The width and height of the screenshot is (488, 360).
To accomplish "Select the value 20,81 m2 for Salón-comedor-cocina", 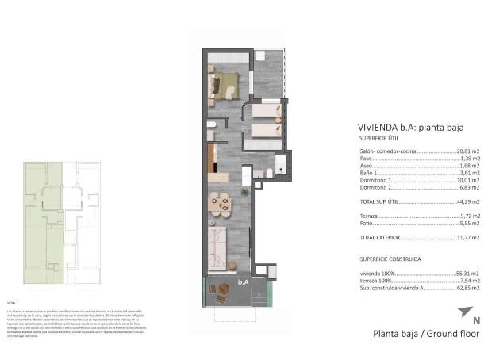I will [468, 151].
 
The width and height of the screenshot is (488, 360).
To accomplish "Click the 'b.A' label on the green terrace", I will [243, 282].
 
